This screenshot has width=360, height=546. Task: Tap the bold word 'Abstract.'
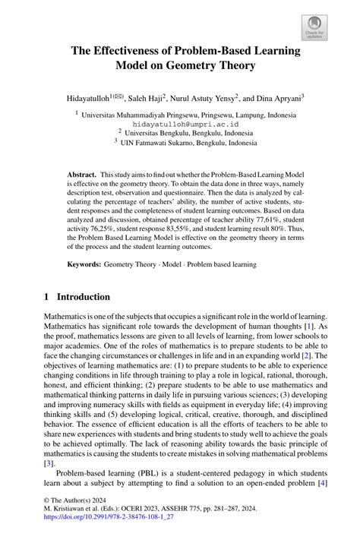point(82,174)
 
